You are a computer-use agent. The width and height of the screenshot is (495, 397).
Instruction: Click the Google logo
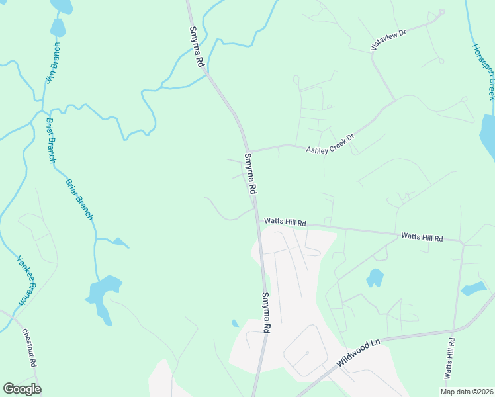point(22,388)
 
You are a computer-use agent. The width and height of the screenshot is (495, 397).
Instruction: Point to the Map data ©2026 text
point(467,392)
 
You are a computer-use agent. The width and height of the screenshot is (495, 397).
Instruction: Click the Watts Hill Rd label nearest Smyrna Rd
point(285,222)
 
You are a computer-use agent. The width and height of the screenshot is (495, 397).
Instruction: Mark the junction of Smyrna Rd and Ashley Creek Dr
point(247,150)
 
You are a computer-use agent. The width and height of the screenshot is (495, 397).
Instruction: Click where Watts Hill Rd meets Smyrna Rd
point(257,223)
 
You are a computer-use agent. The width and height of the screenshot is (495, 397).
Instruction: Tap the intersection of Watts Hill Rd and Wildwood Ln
point(454,329)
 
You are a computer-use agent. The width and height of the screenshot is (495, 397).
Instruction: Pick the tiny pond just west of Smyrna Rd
point(235,323)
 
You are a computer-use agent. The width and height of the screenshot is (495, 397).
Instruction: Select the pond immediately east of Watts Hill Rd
point(474,288)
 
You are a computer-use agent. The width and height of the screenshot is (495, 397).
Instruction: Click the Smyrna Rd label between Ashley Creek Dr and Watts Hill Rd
point(250,173)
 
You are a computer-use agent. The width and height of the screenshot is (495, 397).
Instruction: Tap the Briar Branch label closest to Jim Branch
point(50,140)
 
